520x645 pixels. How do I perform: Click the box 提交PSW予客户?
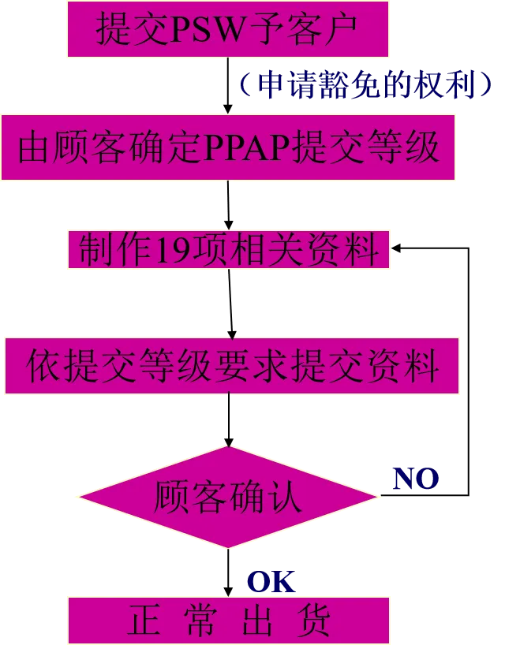click(x=228, y=29)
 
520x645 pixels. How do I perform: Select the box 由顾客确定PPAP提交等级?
click(x=228, y=147)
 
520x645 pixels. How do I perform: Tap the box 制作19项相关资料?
click(x=229, y=249)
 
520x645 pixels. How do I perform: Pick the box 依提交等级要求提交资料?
click(x=232, y=366)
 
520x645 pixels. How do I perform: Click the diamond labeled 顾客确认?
click(x=228, y=497)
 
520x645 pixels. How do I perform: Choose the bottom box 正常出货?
click(x=229, y=621)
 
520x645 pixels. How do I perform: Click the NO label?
click(x=415, y=479)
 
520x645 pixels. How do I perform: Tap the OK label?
click(x=271, y=582)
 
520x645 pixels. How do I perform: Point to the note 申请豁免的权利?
click(x=365, y=84)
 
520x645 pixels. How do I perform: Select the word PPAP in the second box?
click(x=248, y=147)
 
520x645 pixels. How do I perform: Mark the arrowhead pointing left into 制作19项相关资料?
click(x=395, y=248)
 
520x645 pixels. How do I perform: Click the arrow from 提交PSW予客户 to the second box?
click(x=228, y=86)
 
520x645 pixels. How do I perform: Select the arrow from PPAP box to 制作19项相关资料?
click(x=228, y=205)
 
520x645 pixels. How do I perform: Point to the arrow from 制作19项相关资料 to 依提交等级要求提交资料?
click(x=230, y=304)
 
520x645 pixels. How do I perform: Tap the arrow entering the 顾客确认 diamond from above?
click(x=229, y=420)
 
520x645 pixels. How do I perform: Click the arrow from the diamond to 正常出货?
click(x=228, y=572)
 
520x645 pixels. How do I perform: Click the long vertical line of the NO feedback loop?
click(x=469, y=371)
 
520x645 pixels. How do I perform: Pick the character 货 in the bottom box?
click(x=314, y=620)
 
